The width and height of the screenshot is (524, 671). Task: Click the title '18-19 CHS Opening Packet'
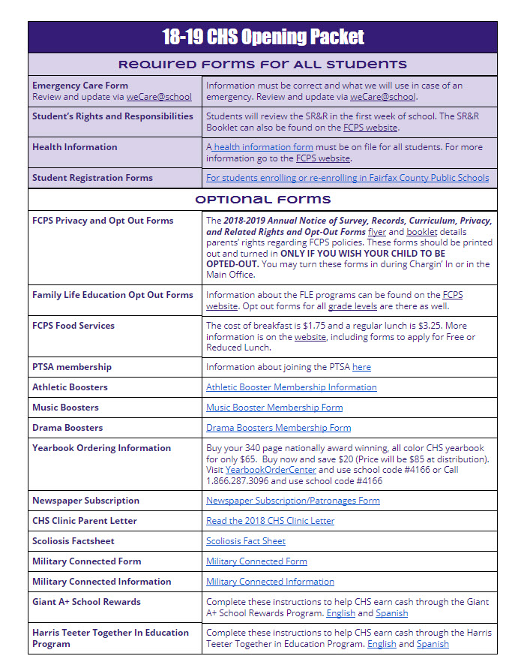tap(262, 37)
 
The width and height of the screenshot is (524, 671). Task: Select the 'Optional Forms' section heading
tap(262, 199)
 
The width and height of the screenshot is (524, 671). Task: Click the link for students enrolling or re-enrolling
tap(347, 178)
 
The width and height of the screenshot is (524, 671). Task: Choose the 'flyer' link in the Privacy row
tap(377, 232)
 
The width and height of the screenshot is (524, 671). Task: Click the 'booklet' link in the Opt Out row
tap(421, 232)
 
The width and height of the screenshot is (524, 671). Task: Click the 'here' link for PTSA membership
tap(361, 367)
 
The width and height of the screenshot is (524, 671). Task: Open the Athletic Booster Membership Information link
tap(291, 387)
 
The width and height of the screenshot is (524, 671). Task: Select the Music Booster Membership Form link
tap(274, 408)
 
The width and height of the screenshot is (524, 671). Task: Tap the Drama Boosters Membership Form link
tap(278, 428)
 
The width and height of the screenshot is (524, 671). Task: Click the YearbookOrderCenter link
tap(271, 470)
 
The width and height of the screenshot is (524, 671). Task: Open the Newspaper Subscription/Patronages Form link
tap(292, 501)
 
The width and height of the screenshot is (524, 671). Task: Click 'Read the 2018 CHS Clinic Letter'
tap(270, 521)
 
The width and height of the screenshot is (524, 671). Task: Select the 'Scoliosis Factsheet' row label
tap(73, 541)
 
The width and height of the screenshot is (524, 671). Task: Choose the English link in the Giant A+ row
tap(342, 613)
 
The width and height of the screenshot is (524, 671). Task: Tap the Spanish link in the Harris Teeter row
tap(433, 644)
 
